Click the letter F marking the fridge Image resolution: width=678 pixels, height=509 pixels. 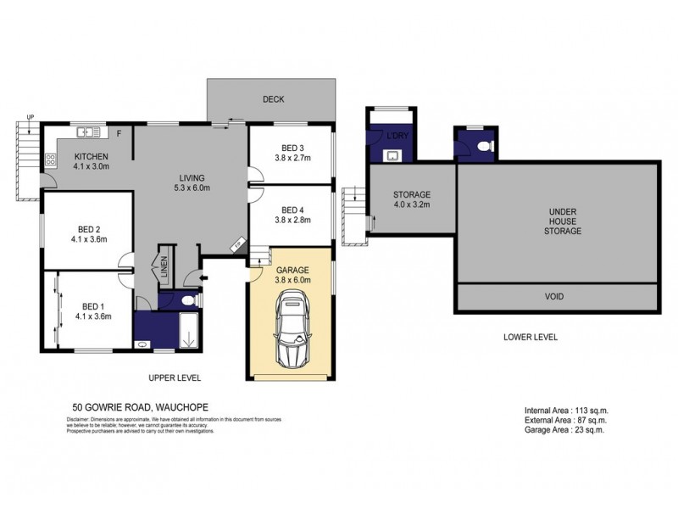click(x=119, y=133)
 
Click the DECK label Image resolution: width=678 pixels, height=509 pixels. click(x=272, y=99)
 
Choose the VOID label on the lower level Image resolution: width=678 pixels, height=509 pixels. click(x=555, y=297)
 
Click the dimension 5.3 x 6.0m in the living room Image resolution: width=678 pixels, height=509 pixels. click(x=190, y=187)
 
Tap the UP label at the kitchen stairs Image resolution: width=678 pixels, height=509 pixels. click(x=31, y=116)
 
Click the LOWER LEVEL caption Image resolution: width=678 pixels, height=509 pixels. click(x=531, y=337)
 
